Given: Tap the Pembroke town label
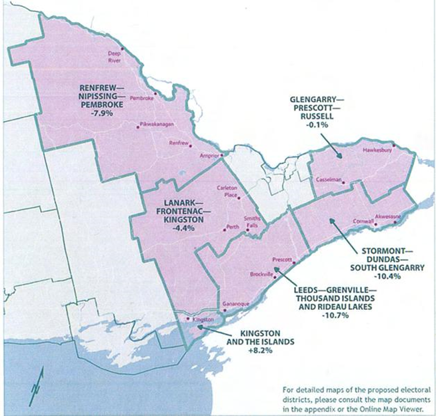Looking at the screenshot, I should click(x=142, y=98).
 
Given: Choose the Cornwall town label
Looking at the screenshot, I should click(x=361, y=221).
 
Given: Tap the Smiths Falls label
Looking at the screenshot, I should click(x=252, y=222).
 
